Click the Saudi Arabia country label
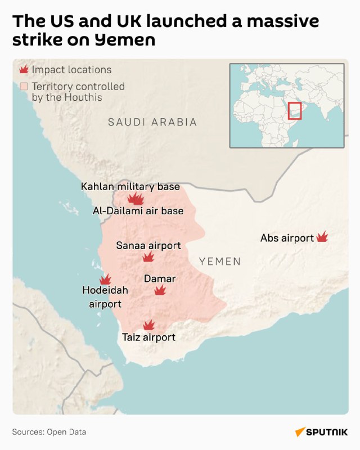click(x=152, y=122)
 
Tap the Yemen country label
click(x=220, y=261)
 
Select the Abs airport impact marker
click(x=322, y=237)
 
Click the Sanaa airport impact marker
click(x=148, y=257)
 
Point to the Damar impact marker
click(x=160, y=290)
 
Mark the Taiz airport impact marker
click(x=149, y=325)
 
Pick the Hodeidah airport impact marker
click(x=105, y=280)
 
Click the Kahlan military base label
click(x=130, y=187)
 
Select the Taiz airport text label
click(x=149, y=337)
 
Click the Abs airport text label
click(x=287, y=238)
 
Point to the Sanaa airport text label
click(x=148, y=245)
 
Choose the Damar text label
click(x=160, y=278)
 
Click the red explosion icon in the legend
click(x=24, y=70)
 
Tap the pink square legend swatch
click(x=24, y=87)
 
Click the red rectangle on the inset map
click(x=295, y=110)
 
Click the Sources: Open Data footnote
click(x=49, y=432)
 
